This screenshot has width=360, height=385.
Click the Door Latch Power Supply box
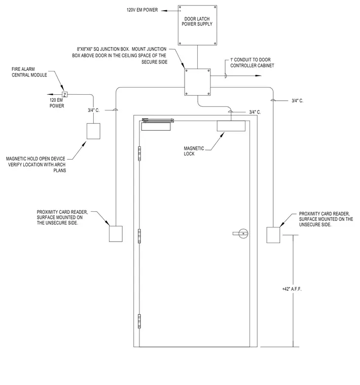click(x=197, y=25)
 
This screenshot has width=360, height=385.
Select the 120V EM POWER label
click(x=142, y=10)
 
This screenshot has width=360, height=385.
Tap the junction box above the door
click(x=198, y=82)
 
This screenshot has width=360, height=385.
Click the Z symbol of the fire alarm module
click(x=64, y=95)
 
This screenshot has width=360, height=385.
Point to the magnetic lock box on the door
click(x=231, y=126)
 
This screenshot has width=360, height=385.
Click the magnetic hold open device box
click(x=93, y=131)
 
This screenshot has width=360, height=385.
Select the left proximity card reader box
click(x=116, y=234)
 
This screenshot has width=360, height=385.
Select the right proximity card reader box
click(x=273, y=235)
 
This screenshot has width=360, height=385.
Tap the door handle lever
click(x=240, y=234)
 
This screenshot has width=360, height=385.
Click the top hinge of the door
click(x=139, y=153)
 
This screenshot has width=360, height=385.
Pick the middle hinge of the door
click(x=139, y=236)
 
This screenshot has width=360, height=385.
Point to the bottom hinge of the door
click(x=139, y=321)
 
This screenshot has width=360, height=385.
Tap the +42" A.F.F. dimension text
click(x=292, y=289)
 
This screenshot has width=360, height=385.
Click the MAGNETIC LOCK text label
click(x=194, y=151)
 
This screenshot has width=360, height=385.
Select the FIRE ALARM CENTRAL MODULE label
click(x=29, y=72)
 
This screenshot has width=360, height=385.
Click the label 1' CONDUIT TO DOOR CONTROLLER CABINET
click(x=252, y=63)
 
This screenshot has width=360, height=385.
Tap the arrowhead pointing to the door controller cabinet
click(x=258, y=75)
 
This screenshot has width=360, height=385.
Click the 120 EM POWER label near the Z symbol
click(x=57, y=103)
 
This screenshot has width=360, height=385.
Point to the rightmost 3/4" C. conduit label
click(x=297, y=101)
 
